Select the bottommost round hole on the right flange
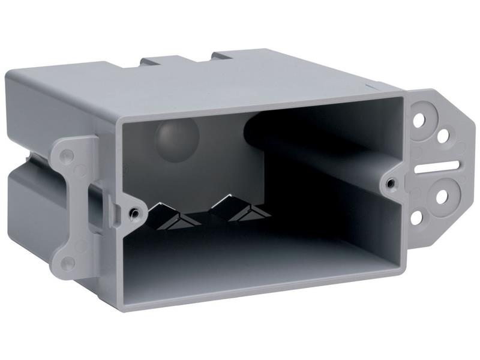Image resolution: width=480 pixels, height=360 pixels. pyautogui.click(x=416, y=217)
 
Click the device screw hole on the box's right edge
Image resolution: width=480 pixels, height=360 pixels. pyautogui.click(x=391, y=182)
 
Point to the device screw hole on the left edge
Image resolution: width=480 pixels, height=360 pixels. pyautogui.click(x=134, y=212)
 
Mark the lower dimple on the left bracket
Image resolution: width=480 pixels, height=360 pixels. pyautogui.click(x=68, y=262)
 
